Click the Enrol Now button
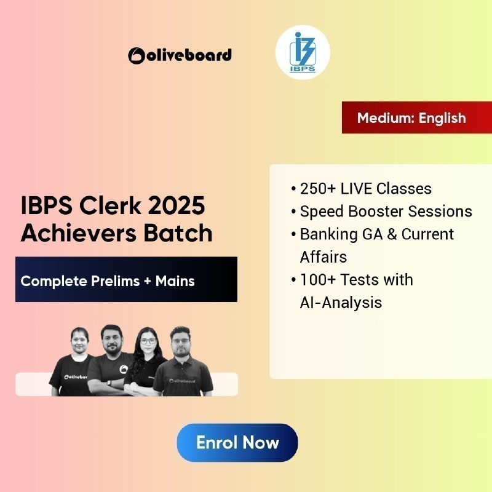(x=237, y=442)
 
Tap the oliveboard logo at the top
(x=180, y=55)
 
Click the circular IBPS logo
(x=303, y=52)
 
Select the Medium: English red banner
(x=417, y=117)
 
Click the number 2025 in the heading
(x=177, y=206)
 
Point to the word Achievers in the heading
(x=79, y=233)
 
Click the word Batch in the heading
(x=178, y=233)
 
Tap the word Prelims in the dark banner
(x=115, y=281)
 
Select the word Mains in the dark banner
(x=175, y=281)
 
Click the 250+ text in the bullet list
(x=318, y=189)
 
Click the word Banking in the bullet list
(x=328, y=235)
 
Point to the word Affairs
(x=323, y=257)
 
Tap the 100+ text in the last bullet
(x=318, y=280)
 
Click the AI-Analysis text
(x=341, y=303)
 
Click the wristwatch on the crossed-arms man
(x=109, y=383)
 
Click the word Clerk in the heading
(x=111, y=206)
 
